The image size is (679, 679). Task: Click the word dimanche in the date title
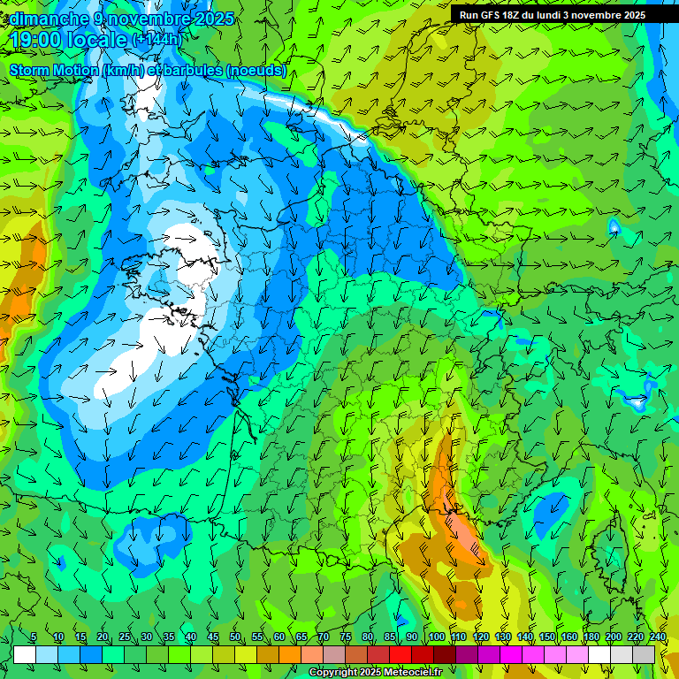pos(48,19)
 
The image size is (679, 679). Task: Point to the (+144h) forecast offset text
pos(156,40)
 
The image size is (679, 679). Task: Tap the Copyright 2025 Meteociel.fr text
pos(375,673)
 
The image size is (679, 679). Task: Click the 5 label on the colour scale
pos(34,637)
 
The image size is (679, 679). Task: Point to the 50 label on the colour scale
pos(235,637)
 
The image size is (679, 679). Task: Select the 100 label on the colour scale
pos(436,637)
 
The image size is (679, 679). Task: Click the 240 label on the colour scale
pos(658,637)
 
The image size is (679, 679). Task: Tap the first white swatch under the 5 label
pos(25,654)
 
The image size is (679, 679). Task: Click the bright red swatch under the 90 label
pos(401,654)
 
